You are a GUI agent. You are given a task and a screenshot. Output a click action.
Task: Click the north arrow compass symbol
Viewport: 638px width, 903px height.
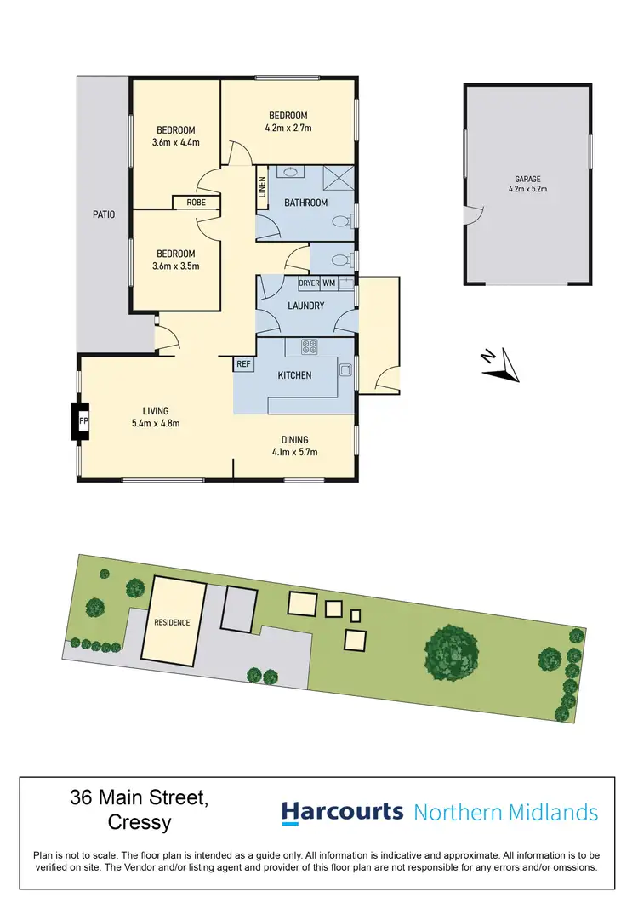(500, 364)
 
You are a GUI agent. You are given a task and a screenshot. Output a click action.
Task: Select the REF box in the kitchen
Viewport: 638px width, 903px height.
(244, 363)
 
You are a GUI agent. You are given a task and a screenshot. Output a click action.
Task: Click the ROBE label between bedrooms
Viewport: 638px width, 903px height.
(196, 203)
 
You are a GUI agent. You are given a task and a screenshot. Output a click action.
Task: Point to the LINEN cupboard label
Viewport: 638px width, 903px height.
(262, 186)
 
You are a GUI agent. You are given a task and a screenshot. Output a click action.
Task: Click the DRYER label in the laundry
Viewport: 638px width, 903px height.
(308, 283)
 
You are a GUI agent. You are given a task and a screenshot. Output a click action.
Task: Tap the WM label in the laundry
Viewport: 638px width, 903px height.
(328, 283)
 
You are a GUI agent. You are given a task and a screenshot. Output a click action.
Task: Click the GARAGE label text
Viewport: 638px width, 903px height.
(527, 180)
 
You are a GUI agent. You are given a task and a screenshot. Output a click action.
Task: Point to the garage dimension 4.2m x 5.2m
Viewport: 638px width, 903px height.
(527, 191)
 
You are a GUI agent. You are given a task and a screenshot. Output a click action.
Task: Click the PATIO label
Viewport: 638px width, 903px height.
(104, 214)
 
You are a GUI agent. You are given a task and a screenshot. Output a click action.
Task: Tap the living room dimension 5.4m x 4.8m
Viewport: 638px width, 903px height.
(155, 423)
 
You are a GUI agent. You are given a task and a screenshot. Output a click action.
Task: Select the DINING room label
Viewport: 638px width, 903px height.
(295, 440)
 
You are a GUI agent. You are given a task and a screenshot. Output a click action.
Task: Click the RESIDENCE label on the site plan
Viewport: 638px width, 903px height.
(172, 622)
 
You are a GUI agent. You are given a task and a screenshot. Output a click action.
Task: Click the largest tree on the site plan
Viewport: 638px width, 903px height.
(453, 652)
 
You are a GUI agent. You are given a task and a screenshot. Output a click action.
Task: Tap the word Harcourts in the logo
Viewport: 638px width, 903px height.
(342, 811)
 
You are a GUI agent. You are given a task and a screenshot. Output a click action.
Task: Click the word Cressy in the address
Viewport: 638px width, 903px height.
(140, 823)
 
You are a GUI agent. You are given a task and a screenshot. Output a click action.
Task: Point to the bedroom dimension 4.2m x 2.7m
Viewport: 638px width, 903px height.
(288, 129)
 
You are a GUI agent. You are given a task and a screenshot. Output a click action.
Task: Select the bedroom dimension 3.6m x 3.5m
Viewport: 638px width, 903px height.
(175, 266)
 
